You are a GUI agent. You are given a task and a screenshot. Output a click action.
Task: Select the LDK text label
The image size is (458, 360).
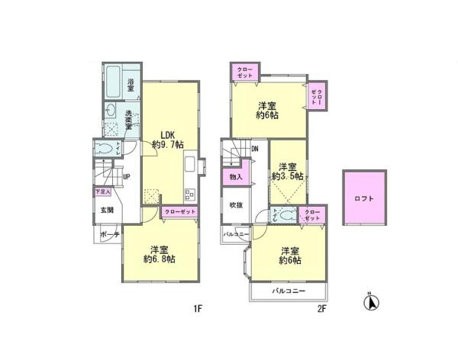168,131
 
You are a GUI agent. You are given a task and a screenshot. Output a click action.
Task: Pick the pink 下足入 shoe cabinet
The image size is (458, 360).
102,192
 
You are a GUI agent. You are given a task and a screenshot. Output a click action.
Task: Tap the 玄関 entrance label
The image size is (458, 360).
105,210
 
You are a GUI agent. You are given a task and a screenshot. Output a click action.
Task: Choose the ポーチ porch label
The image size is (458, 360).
110,236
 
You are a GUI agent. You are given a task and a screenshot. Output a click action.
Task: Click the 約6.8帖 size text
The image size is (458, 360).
160,259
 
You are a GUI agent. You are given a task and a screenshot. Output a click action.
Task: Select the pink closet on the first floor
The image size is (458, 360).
182,211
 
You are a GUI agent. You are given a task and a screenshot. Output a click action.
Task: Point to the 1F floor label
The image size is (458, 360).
197,309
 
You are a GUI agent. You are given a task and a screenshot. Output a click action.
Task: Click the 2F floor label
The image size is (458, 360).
321,309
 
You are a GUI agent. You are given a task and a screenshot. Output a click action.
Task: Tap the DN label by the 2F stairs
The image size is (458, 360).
255,150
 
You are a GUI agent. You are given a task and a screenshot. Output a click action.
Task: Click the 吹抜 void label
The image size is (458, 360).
235,205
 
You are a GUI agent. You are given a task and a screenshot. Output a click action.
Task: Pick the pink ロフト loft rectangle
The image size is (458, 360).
363,198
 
